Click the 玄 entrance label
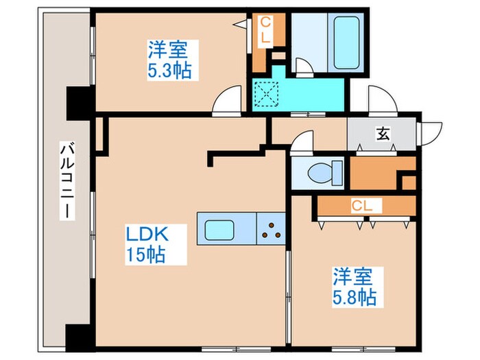click(382, 134)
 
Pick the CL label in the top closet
click(264, 32)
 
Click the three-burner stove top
click(272, 228)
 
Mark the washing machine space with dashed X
click(263, 95)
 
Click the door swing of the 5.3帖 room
click(227, 101)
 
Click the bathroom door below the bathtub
click(303, 66)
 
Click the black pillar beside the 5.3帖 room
click(75, 103)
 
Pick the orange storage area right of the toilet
click(381, 173)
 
